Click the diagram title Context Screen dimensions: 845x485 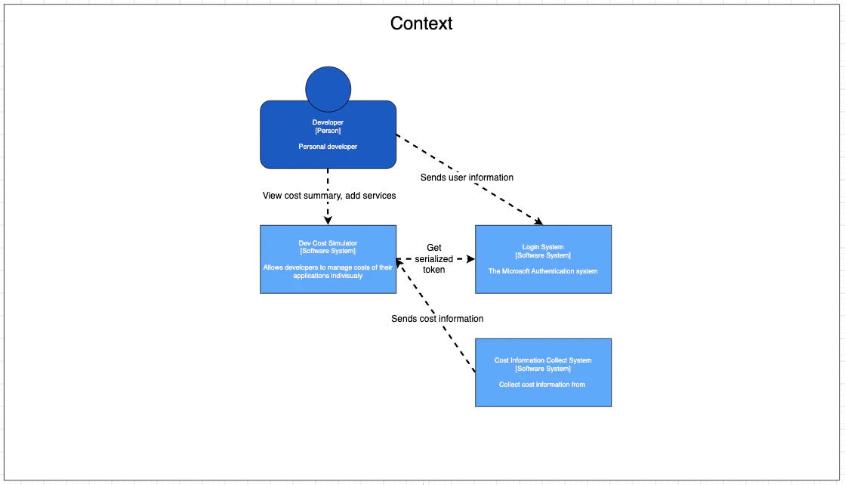[x=421, y=23]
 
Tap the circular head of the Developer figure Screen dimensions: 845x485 [x=328, y=89]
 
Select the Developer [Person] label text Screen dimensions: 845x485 [x=328, y=126]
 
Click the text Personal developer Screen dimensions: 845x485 [x=328, y=147]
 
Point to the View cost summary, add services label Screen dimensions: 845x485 [x=329, y=196]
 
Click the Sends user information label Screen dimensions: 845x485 [x=467, y=178]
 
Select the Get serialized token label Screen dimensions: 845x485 [x=433, y=258]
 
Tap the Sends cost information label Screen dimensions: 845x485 [x=437, y=319]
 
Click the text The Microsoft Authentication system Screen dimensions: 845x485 [x=543, y=271]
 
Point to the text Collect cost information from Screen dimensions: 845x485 [x=541, y=385]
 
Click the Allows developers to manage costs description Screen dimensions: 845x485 [x=328, y=272]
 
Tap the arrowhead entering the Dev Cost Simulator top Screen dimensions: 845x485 [x=328, y=221]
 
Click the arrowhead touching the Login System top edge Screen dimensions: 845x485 [x=538, y=221]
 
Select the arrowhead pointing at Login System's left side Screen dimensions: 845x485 [x=470, y=259]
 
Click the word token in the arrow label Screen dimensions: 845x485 [x=433, y=270]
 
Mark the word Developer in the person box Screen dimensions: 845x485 [x=328, y=122]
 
